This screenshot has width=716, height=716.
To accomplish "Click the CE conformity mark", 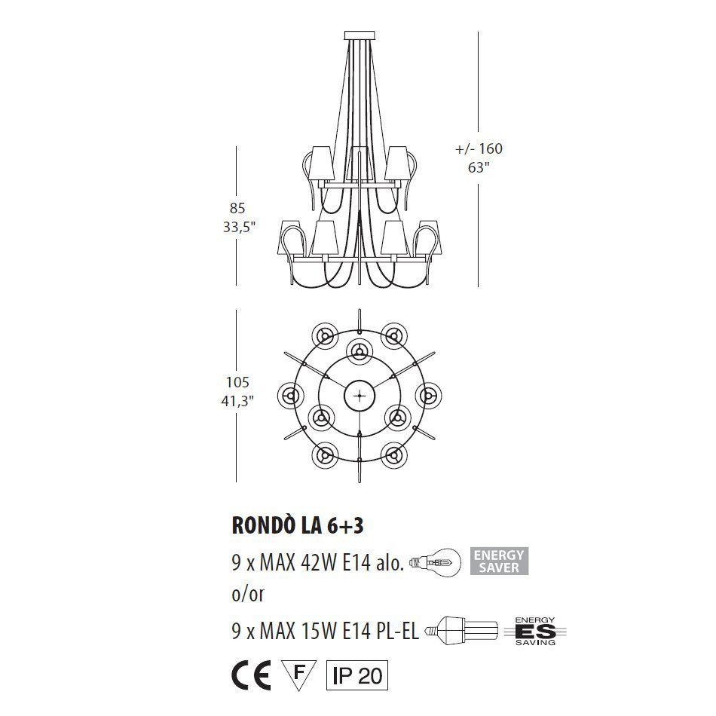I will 251,674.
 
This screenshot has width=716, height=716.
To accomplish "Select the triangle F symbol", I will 298,673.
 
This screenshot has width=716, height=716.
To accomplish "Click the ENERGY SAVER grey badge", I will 498,561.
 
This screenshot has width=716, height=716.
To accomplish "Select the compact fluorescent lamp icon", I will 461,629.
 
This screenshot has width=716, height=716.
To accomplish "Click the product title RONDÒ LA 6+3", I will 296,525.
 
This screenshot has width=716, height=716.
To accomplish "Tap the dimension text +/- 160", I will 479,148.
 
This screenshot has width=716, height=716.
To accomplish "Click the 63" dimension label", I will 479,167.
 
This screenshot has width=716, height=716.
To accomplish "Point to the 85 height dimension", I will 238,208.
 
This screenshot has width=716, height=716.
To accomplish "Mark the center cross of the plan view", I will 360,395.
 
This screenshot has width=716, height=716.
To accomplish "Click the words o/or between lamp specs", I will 247,595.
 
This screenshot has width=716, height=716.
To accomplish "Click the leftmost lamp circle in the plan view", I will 290,393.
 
